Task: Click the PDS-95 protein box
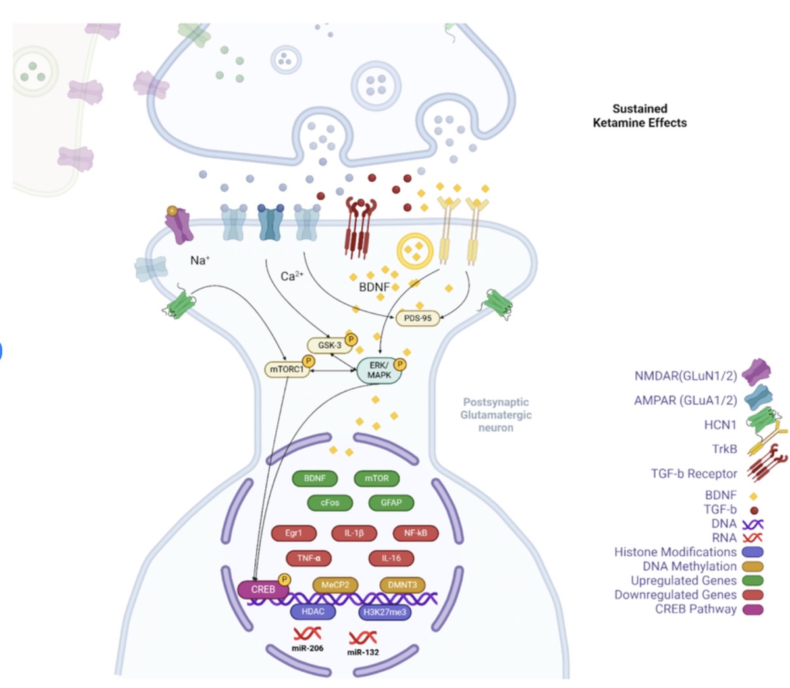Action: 417,318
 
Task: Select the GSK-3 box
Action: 329,345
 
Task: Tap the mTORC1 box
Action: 287,369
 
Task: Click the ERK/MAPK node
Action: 379,370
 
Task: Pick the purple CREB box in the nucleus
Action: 263,589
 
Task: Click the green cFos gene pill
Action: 330,502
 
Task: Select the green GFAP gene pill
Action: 391,502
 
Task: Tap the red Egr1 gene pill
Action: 294,533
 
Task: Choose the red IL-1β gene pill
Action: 354,533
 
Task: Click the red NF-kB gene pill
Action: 415,533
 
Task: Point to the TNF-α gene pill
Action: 309,558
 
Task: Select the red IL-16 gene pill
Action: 391,558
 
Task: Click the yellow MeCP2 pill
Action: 335,585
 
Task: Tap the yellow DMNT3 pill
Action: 402,585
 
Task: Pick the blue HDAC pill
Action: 313,612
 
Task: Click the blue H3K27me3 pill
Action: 385,612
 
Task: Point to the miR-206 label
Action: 307,648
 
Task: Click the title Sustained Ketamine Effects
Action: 639,116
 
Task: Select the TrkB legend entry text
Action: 724,449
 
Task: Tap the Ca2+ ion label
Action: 292,276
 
